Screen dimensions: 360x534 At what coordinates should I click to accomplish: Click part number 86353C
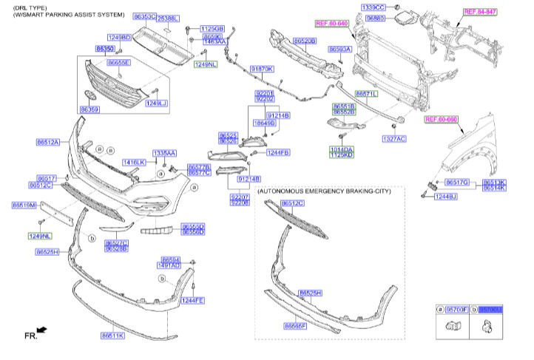(145, 16)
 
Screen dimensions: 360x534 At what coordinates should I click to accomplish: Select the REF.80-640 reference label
(331, 24)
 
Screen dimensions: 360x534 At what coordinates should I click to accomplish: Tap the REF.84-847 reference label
(480, 12)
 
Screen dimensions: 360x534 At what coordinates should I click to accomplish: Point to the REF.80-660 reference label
(442, 119)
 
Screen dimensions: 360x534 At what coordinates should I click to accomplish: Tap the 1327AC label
(394, 138)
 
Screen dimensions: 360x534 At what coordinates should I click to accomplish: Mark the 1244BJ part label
(445, 196)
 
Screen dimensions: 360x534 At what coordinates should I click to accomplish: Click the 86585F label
(296, 325)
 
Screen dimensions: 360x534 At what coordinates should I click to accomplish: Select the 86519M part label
(24, 205)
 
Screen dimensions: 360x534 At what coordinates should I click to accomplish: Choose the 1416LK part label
(134, 162)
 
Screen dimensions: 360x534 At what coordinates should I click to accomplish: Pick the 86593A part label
(339, 48)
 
